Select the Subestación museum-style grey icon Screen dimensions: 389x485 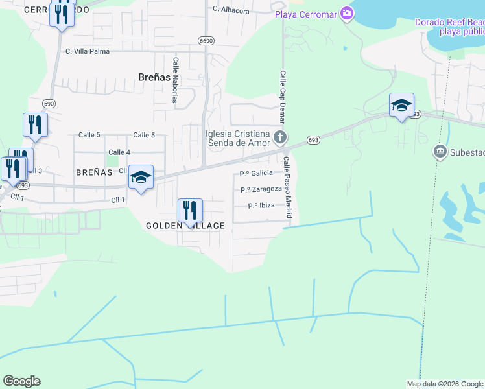(440, 152)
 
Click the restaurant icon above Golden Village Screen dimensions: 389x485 (190, 211)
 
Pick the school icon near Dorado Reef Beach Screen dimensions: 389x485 (401, 105)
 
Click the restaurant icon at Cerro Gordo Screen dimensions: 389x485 (62, 14)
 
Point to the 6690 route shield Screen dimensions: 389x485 (206, 40)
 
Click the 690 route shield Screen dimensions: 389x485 (49, 103)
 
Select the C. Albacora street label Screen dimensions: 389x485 (230, 10)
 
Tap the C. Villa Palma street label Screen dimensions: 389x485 (87, 51)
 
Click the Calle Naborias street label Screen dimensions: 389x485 (175, 80)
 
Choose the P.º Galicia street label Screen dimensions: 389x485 (255, 173)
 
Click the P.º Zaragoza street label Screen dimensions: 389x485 (261, 189)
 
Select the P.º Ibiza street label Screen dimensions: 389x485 (261, 206)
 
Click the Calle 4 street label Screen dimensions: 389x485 (119, 152)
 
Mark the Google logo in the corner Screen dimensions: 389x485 (21, 381)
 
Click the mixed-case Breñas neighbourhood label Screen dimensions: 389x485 (154, 77)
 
